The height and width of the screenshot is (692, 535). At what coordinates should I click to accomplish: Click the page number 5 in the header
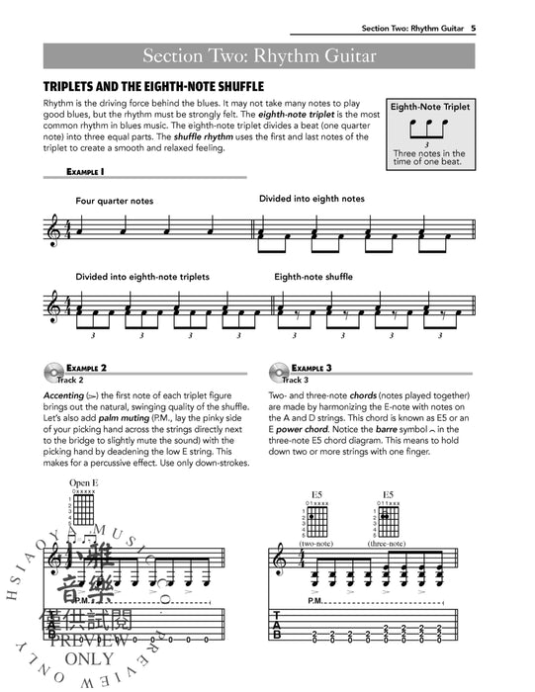tap(502, 29)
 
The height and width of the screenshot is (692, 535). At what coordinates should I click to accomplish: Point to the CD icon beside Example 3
tap(280, 373)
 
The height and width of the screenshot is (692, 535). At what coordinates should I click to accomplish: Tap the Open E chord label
tap(84, 483)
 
